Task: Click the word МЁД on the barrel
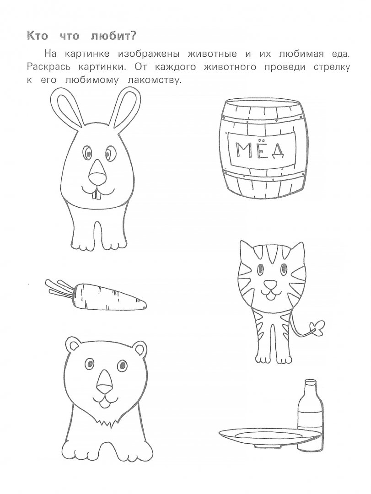tap(260, 151)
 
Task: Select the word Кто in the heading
tap(38, 36)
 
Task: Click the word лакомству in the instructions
tap(156, 81)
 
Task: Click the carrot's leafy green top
tap(60, 288)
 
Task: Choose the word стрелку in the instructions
tap(332, 68)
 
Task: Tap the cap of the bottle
tap(310, 382)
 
